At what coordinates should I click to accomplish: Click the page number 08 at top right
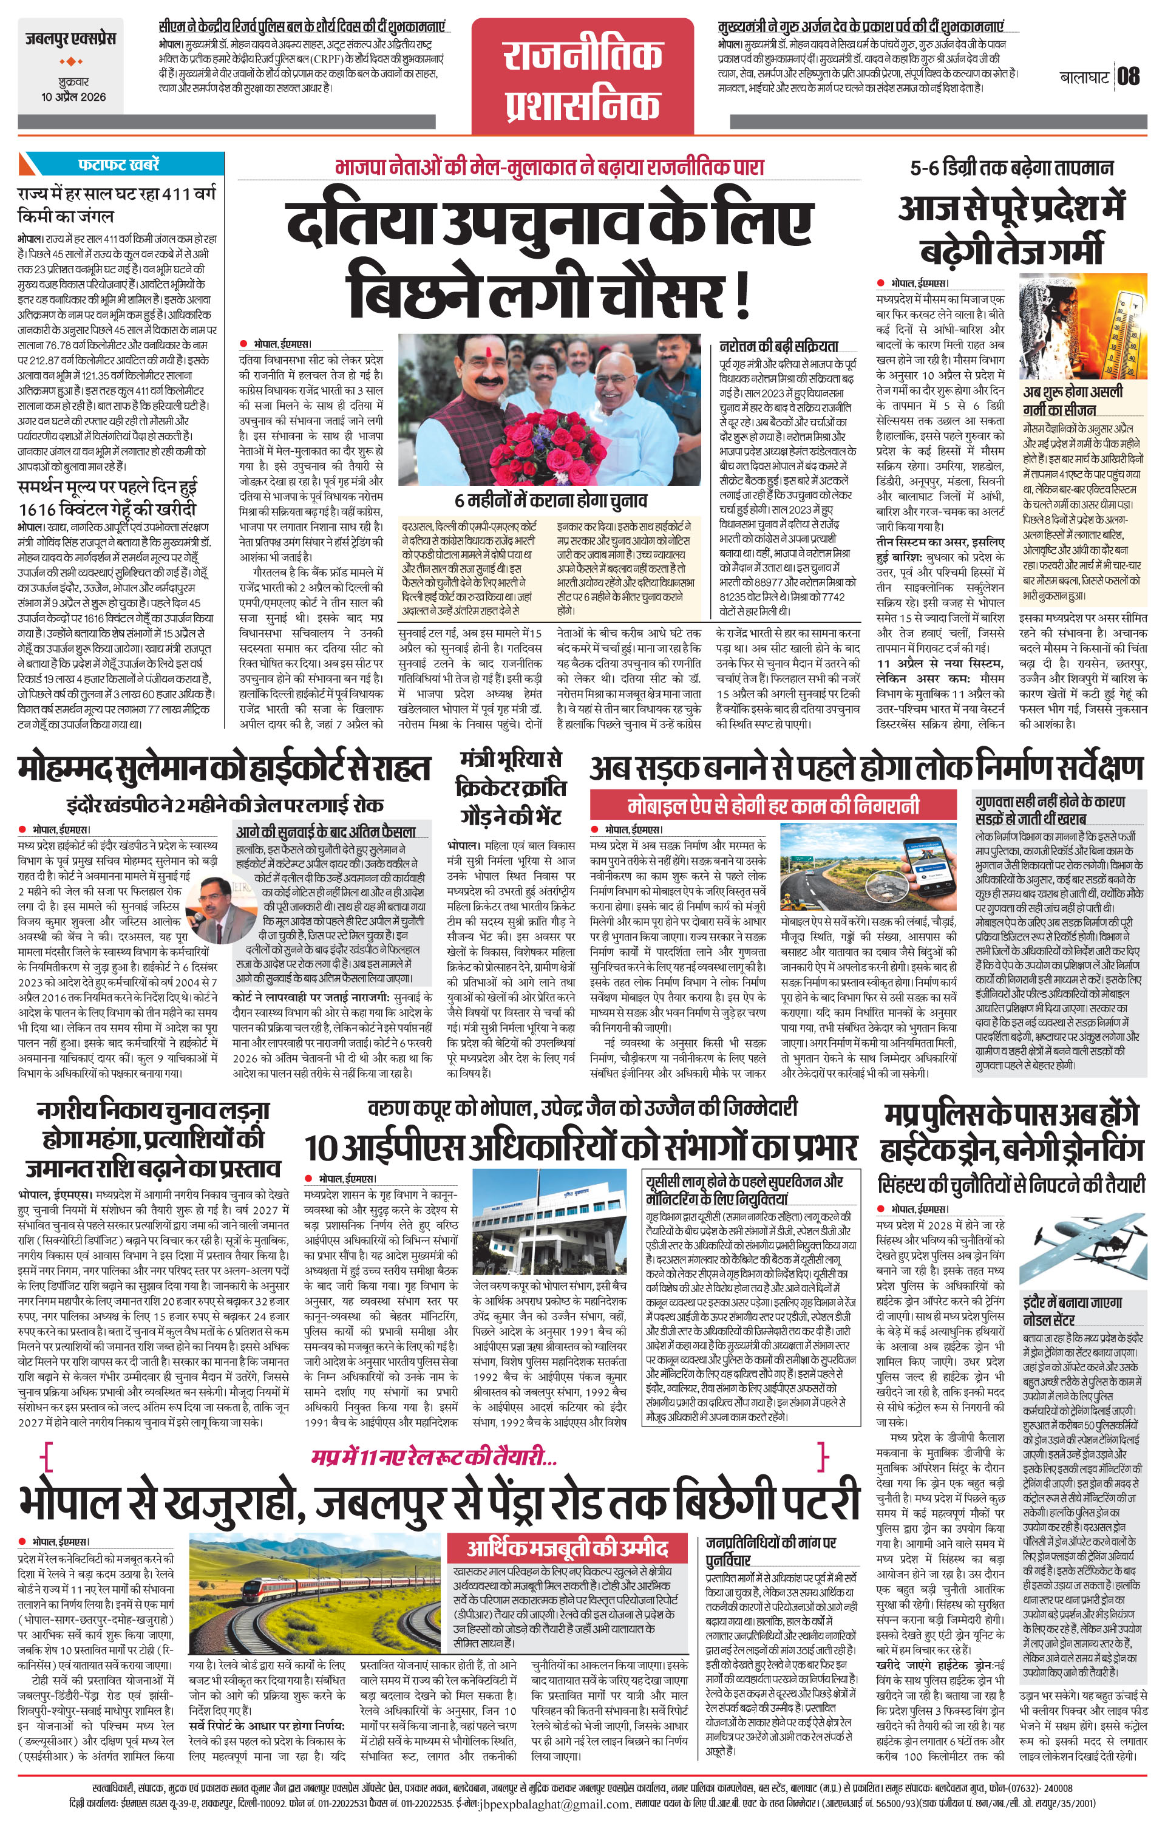pyautogui.click(x=1128, y=77)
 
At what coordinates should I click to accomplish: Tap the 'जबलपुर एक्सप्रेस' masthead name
pyautogui.click(x=69, y=39)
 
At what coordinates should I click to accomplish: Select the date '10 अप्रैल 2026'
pyautogui.click(x=73, y=97)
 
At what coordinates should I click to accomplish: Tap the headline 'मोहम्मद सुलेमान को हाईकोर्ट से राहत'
pyautogui.click(x=225, y=769)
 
